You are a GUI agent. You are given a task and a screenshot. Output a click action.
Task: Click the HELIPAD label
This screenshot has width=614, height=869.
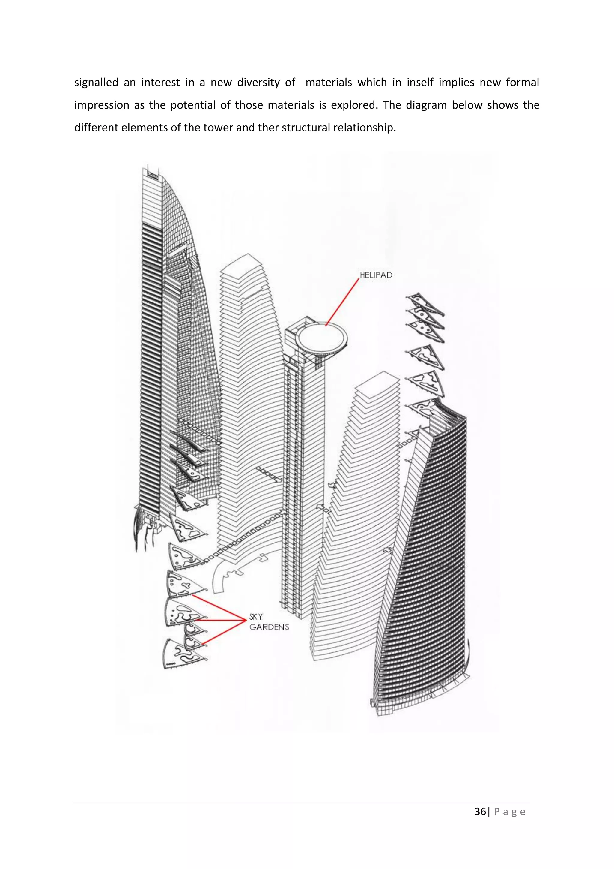tap(376, 275)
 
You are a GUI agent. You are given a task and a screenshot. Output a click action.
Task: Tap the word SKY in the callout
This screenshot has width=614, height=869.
tap(256, 617)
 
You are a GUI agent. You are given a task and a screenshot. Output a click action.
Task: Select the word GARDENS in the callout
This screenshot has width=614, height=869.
tap(269, 627)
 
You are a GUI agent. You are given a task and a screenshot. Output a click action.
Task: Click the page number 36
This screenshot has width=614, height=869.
tap(480, 811)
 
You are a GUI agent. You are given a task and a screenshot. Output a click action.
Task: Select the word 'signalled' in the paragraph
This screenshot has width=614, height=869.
tap(96, 83)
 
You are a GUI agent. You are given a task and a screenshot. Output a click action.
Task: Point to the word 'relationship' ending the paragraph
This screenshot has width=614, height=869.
tap(364, 128)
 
